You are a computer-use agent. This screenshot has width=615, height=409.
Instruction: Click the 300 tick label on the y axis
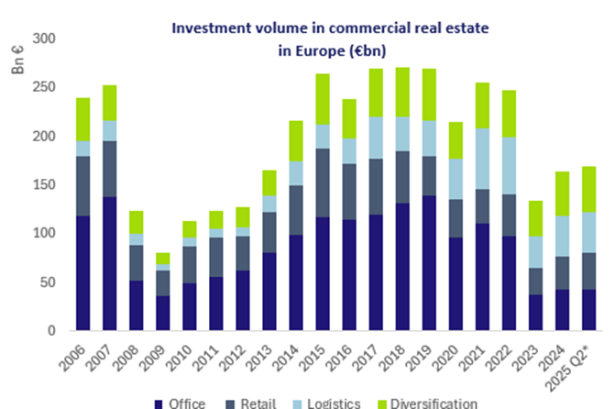click(43, 39)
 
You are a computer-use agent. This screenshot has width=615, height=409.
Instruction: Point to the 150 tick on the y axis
click(43, 185)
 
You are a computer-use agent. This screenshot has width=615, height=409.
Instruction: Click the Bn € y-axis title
click(17, 58)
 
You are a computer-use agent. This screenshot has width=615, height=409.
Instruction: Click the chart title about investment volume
click(330, 39)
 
